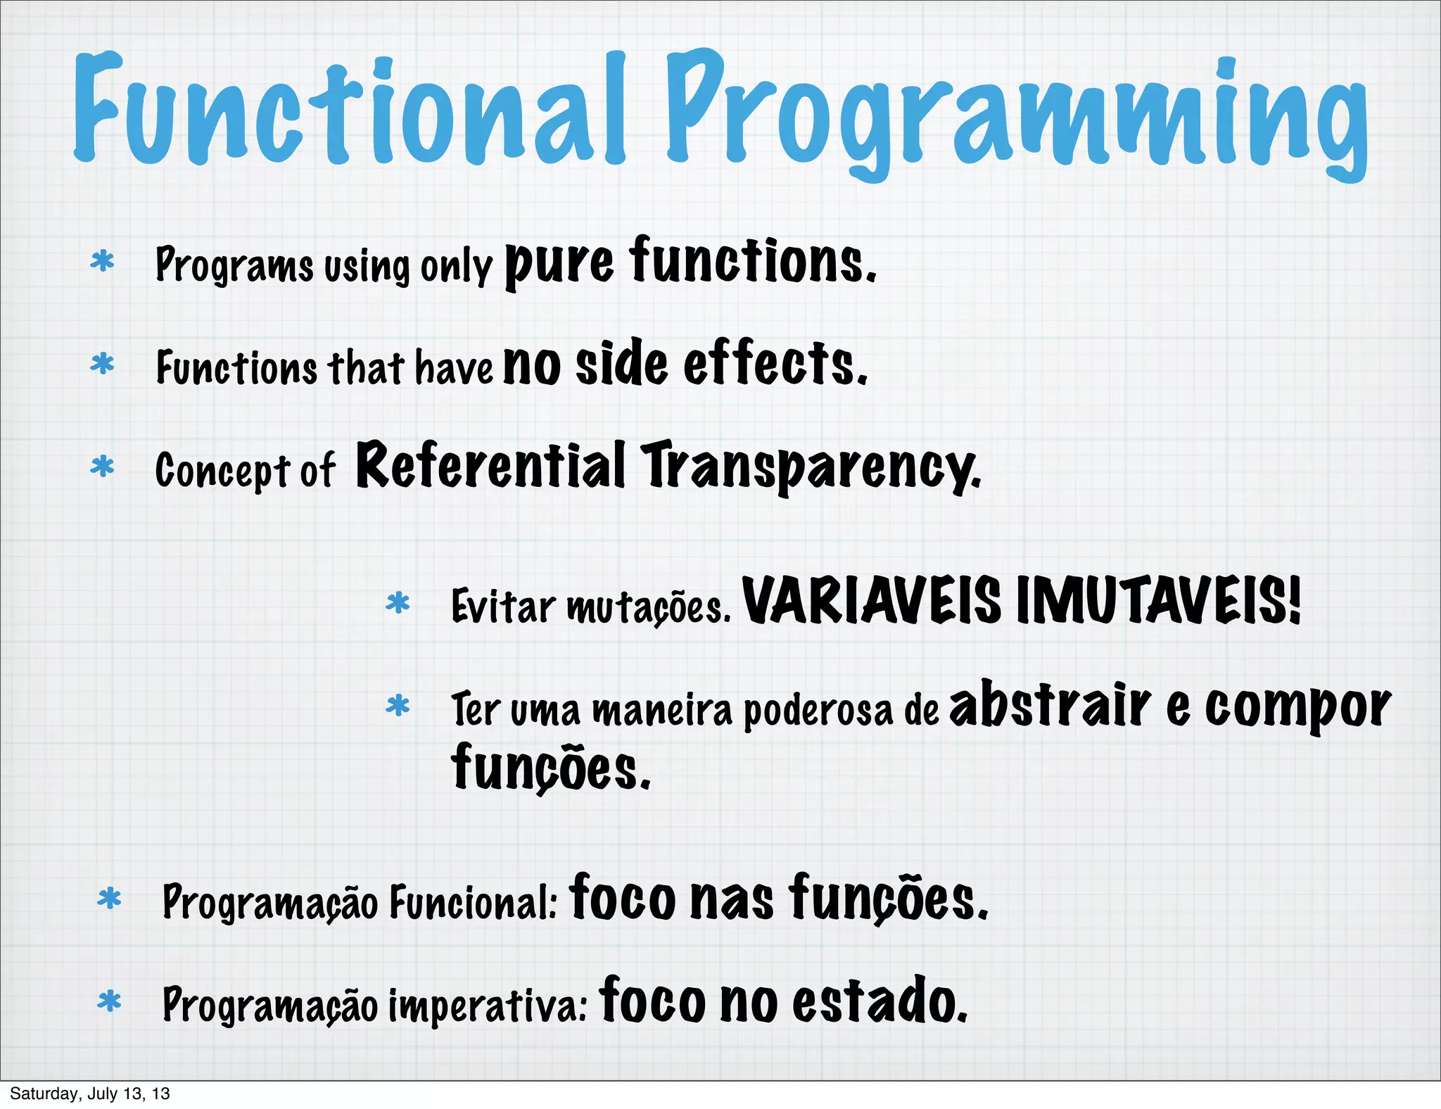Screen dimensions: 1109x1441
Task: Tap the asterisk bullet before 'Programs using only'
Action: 103,262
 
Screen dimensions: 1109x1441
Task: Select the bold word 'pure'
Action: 559,264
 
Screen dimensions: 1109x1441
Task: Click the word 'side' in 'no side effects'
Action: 621,364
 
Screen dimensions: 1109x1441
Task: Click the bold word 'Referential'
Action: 490,466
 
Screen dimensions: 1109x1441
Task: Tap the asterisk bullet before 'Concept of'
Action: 103,467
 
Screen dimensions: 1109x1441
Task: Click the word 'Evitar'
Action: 502,606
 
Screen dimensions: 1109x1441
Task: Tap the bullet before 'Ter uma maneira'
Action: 398,706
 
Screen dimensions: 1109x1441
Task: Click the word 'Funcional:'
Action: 473,902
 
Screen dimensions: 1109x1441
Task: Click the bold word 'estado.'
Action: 880,1002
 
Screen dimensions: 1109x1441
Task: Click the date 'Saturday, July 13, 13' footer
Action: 90,1094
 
